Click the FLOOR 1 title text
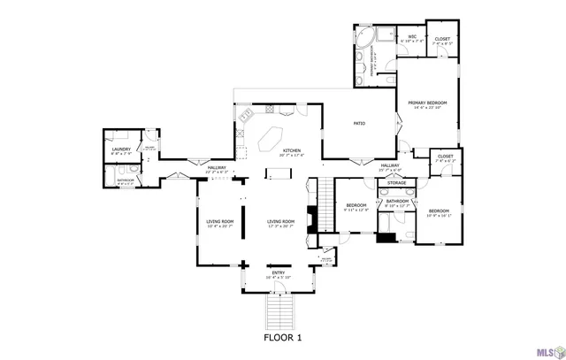pyautogui.click(x=283, y=338)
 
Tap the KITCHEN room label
pyautogui.click(x=291, y=151)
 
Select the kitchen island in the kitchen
pyautogui.click(x=270, y=139)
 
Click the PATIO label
pyautogui.click(x=360, y=123)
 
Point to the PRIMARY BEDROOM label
pyautogui.click(x=427, y=104)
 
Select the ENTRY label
pyautogui.click(x=279, y=273)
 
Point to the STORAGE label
pyautogui.click(x=396, y=183)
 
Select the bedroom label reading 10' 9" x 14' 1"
pyautogui.click(x=439, y=212)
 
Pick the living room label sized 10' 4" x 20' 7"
pyautogui.click(x=220, y=223)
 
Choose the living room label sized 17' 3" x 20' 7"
pyautogui.click(x=280, y=223)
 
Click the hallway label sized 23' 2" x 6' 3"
pyautogui.click(x=217, y=169)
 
